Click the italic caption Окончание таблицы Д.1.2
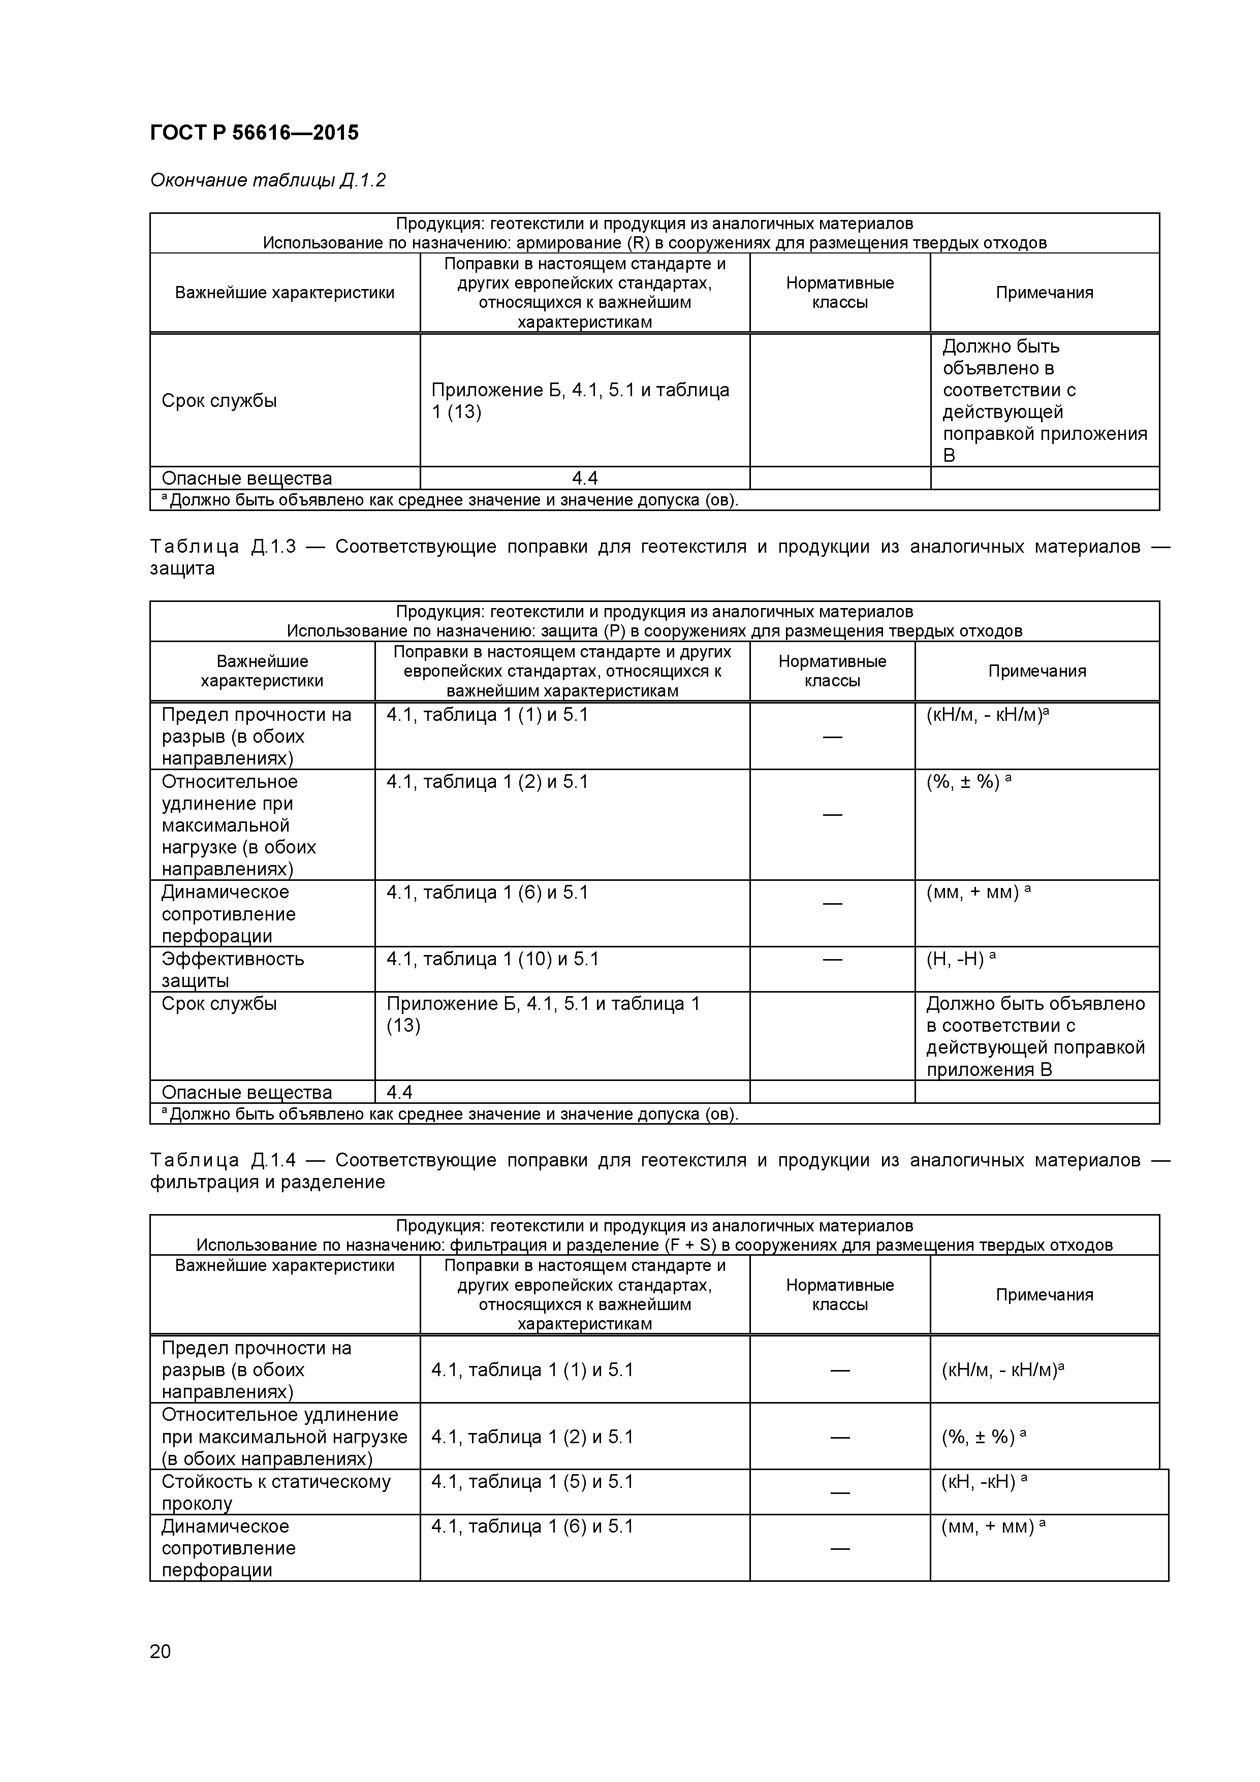(268, 181)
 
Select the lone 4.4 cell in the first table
(585, 478)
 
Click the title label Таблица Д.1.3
(223, 547)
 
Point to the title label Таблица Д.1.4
(223, 1160)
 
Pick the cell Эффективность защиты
(232, 969)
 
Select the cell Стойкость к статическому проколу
(275, 1492)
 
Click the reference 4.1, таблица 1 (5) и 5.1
(532, 1482)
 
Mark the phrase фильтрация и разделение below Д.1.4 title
(267, 1182)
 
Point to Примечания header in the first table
(1044, 293)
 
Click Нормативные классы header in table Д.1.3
(832, 672)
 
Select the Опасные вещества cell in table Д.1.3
(246, 1092)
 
